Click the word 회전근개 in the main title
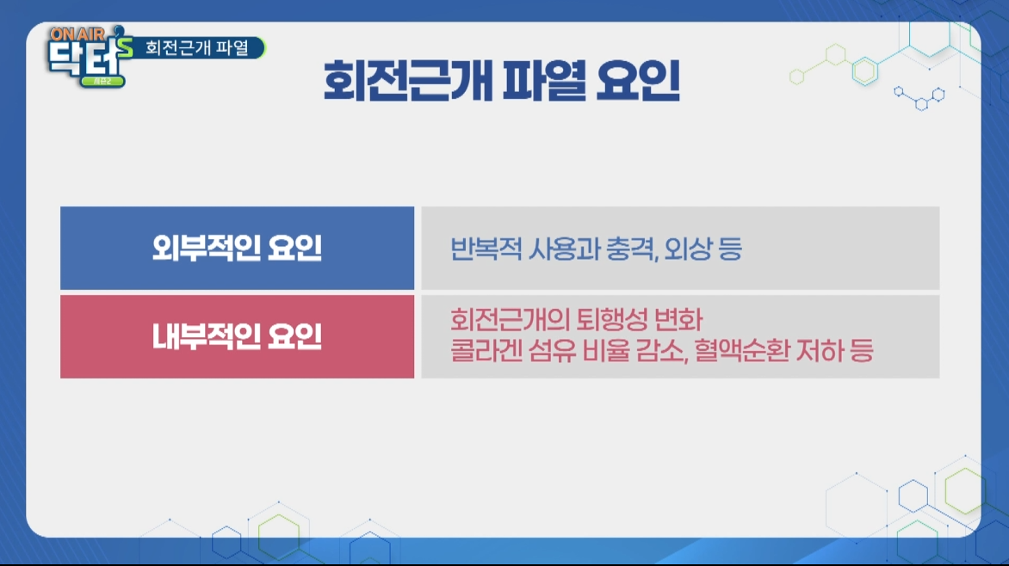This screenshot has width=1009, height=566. coord(406,81)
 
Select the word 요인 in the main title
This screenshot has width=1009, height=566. coord(638,81)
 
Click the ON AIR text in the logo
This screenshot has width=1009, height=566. coord(77,34)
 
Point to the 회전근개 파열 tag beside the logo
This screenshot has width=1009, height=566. coord(197,47)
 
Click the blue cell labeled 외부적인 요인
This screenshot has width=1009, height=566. coord(238,249)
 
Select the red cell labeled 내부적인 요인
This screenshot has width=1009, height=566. coord(238,336)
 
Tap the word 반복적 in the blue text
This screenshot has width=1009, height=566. coord(486,249)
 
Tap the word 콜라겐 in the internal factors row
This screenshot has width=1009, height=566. coord(486,351)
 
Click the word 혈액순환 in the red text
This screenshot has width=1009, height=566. coord(741,351)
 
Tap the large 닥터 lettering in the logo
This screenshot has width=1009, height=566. coord(85,60)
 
